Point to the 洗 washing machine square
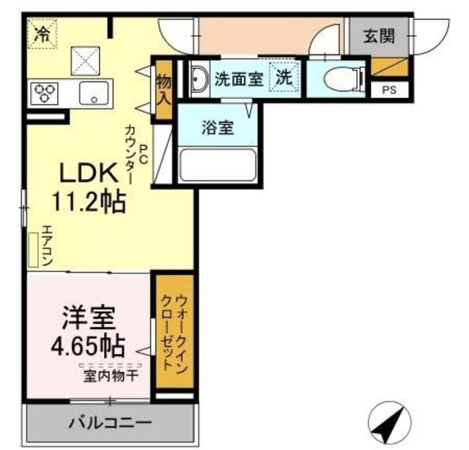pos(283,78)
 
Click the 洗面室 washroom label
pos(238,79)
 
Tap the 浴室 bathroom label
pos(218,128)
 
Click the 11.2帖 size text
pos(87,200)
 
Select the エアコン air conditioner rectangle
pos(33,249)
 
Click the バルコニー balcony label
pos(111,422)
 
